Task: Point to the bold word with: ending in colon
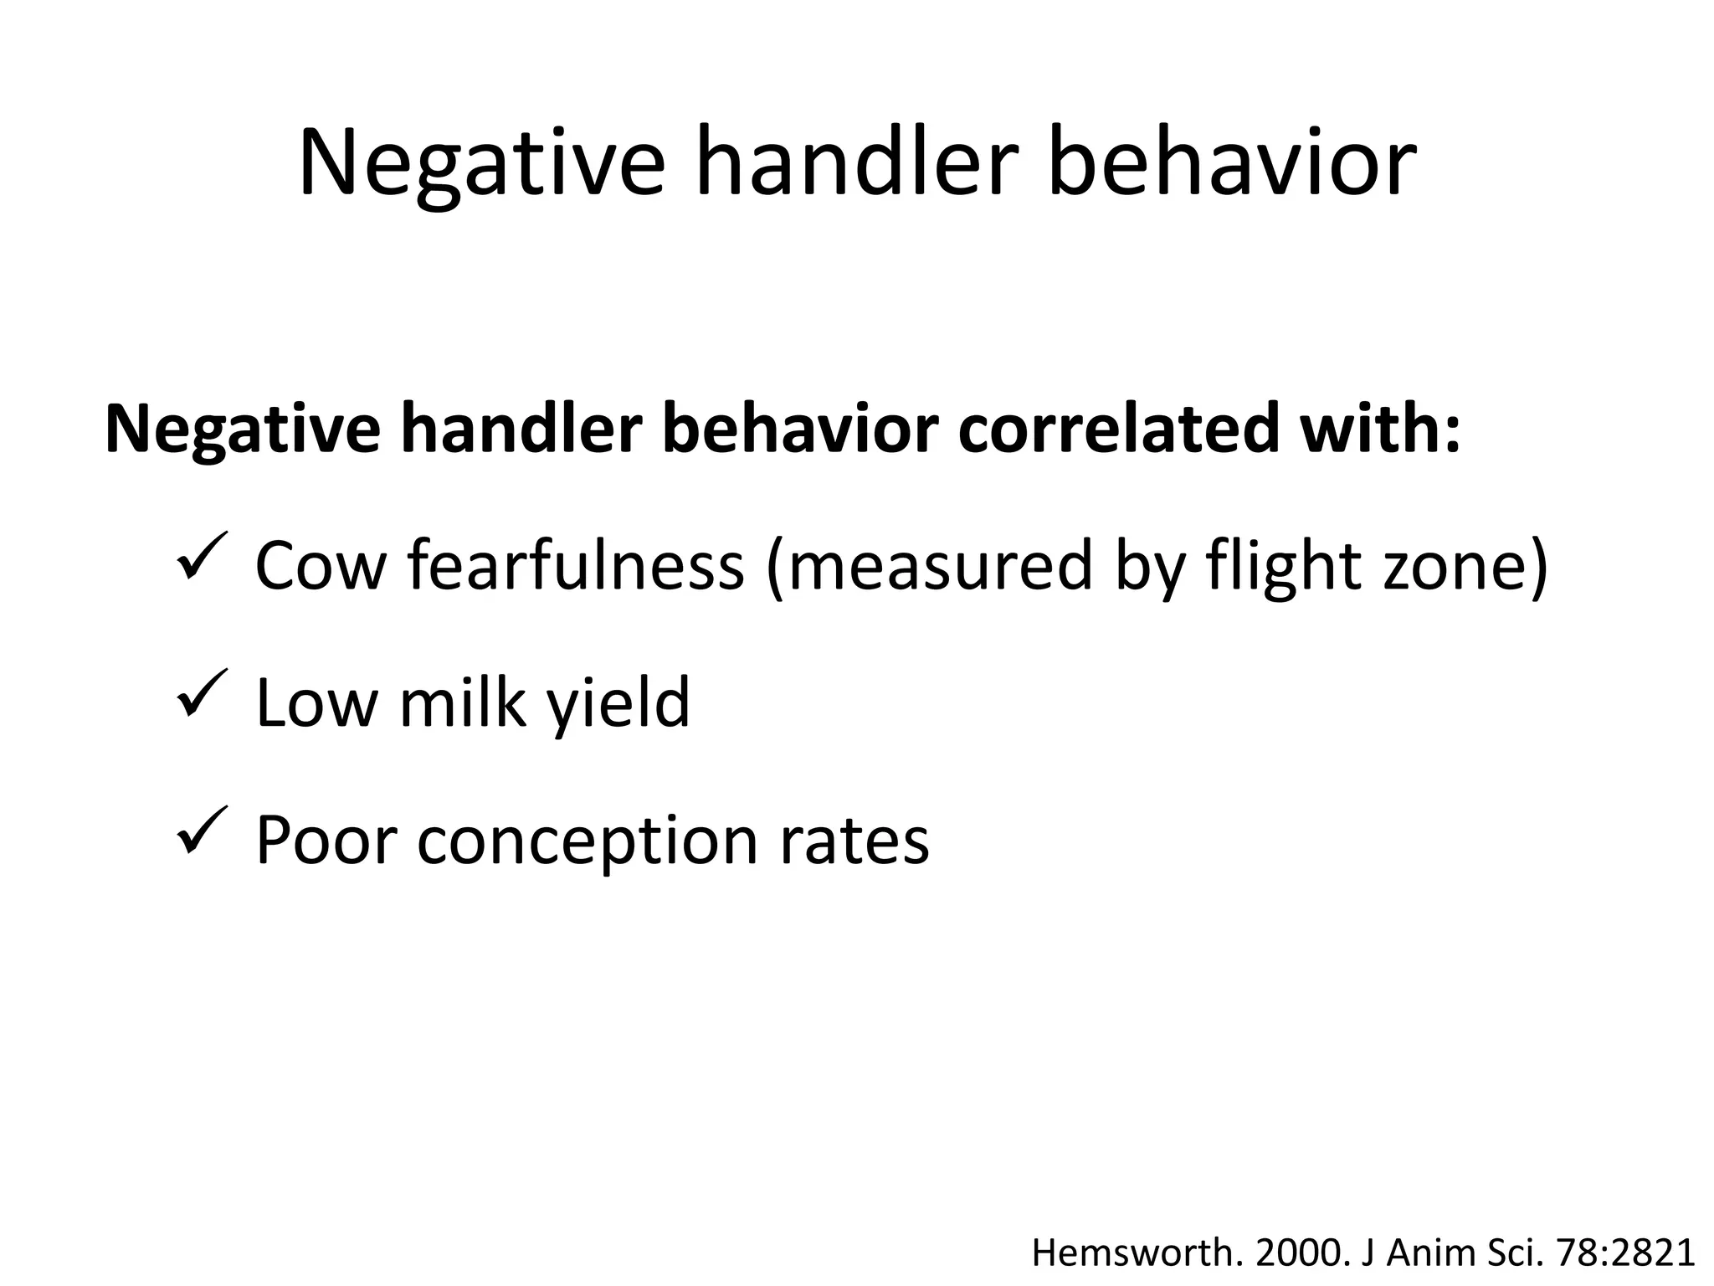click(x=1378, y=428)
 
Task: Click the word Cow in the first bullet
click(x=321, y=566)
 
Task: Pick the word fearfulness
click(x=576, y=566)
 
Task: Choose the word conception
click(x=587, y=841)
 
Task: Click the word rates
click(x=854, y=841)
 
